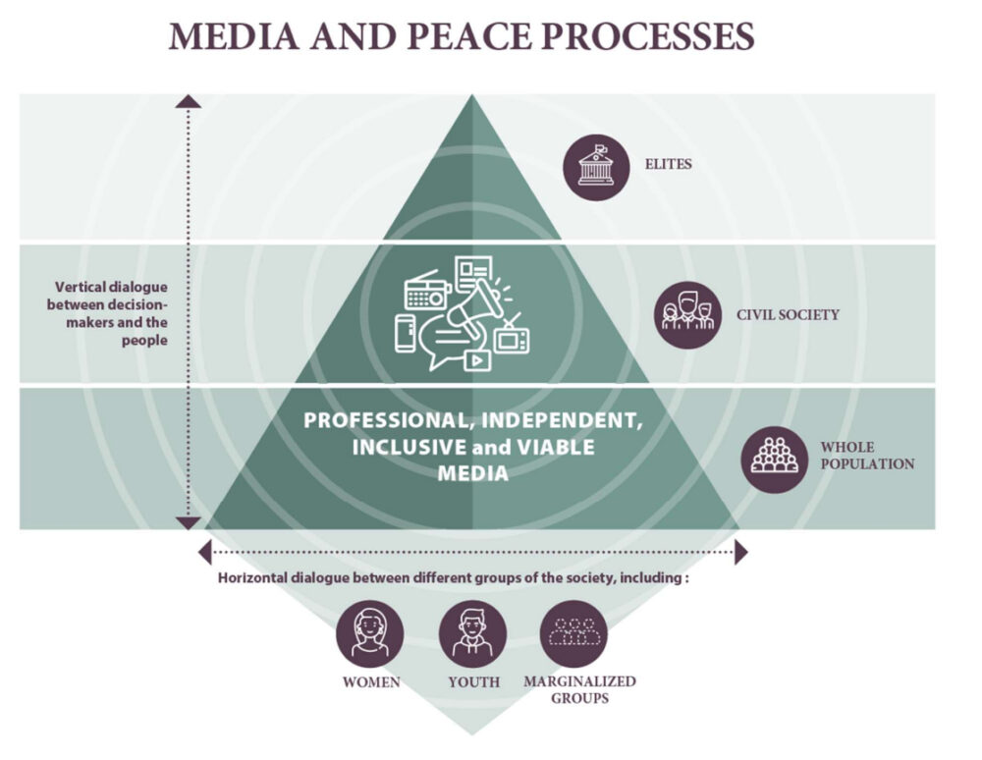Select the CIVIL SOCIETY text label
788,315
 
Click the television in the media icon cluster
512,338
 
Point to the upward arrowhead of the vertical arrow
189,100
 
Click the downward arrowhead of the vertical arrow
189,523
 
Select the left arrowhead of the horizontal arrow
204,553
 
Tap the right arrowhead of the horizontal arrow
741,553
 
